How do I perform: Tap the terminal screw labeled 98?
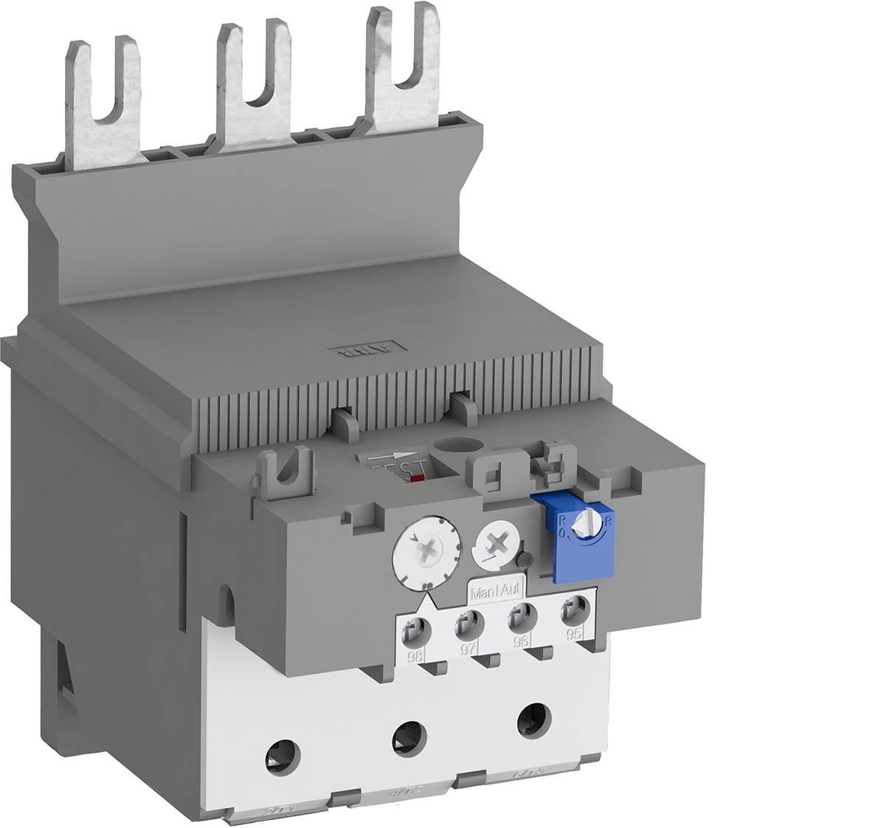click(414, 629)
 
